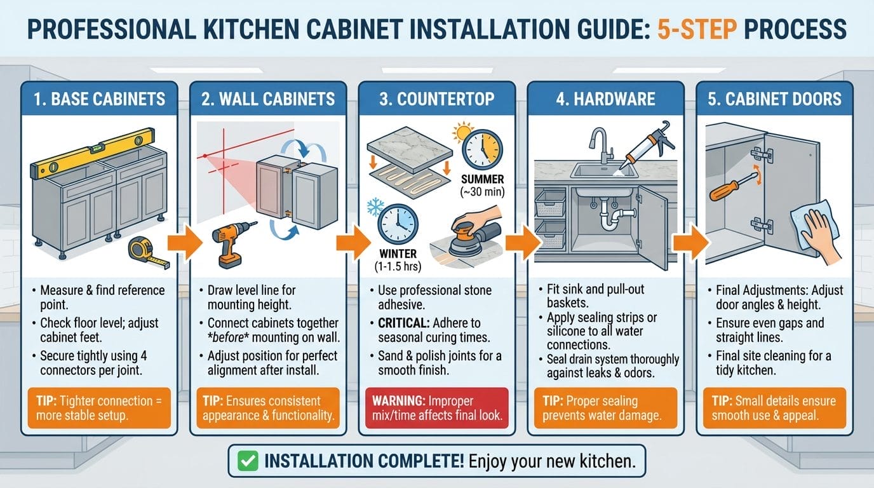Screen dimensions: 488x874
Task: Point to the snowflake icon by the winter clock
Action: (x=376, y=208)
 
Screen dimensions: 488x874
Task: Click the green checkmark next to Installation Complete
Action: (x=248, y=461)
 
